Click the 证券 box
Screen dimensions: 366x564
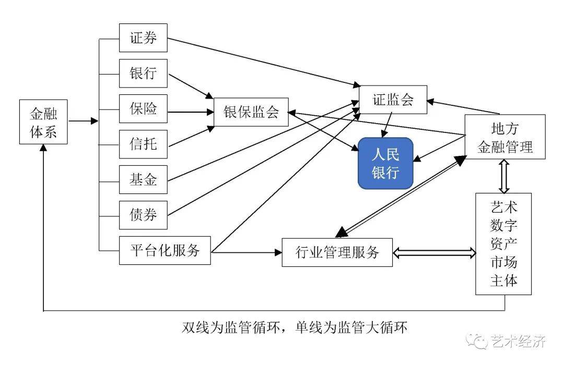[x=143, y=38]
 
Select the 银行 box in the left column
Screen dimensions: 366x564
[x=143, y=74]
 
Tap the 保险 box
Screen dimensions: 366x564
[x=143, y=109]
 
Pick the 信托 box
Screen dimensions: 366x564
[x=143, y=144]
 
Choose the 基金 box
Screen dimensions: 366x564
[x=143, y=180]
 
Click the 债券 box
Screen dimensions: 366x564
[x=143, y=215]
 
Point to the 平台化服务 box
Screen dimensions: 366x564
[x=165, y=250]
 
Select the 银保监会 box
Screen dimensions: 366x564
[x=251, y=112]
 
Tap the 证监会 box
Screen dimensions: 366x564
[x=393, y=100]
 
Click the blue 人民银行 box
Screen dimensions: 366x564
[x=385, y=163]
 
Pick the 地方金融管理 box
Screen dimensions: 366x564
[x=505, y=137]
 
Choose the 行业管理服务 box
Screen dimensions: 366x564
[x=337, y=252]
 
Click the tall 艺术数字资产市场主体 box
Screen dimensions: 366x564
[x=503, y=243]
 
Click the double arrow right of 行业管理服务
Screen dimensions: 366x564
[x=434, y=253]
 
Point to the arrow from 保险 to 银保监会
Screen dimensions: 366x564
[x=191, y=112]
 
